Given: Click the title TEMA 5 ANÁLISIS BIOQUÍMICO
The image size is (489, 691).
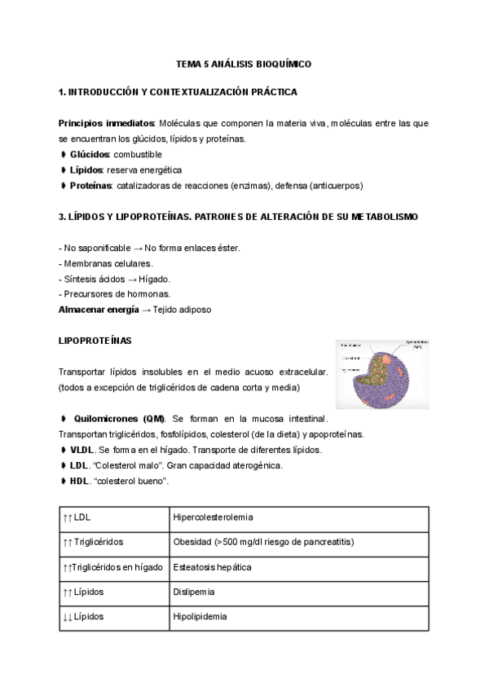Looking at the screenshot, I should tap(244, 63).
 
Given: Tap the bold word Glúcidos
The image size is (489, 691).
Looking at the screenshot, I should tap(90, 154).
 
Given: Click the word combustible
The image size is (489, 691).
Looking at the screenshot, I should tap(138, 154).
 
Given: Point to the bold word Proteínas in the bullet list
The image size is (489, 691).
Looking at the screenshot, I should tap(90, 185).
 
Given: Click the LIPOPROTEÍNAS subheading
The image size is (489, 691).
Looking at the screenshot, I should tap(95, 340).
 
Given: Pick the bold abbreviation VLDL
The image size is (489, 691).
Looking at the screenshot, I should tap(82, 449).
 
